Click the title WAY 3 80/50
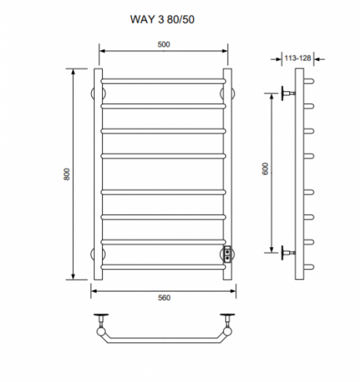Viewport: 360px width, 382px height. tap(162, 20)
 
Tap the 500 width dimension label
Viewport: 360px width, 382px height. tap(164, 45)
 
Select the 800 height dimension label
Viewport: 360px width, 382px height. tap(66, 174)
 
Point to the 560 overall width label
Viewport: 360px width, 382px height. tap(164, 298)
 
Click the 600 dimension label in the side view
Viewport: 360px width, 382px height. tap(265, 169)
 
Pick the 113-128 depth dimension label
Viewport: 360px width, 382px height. tap(298, 58)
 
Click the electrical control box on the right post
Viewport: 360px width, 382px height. tap(227, 254)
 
